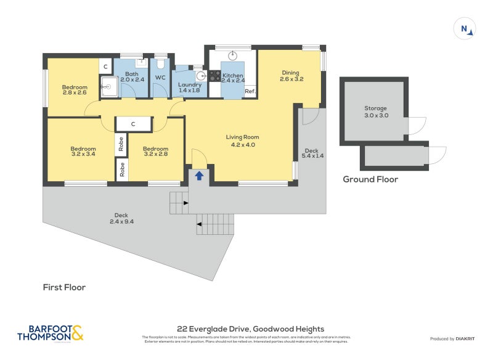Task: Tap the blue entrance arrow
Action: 199,175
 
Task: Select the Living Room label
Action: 242,141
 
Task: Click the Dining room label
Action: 291,75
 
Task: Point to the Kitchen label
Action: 234,77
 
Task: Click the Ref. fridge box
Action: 250,91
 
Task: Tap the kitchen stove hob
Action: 215,76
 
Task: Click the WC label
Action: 160,78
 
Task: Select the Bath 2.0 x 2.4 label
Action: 132,76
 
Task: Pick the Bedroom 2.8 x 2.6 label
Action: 75,90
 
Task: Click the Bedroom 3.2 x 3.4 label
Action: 83,152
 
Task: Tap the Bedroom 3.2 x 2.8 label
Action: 155,152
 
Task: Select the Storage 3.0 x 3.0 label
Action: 376,112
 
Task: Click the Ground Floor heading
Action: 370,179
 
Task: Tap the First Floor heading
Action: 64,287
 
